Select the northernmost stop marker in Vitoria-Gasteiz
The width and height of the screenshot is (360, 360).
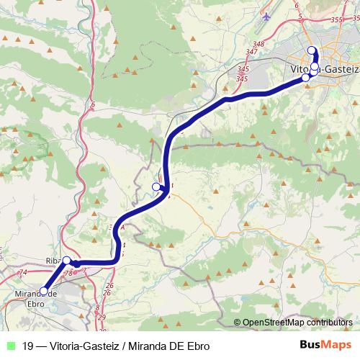point(312,50)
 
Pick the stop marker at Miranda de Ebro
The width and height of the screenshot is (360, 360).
point(44,291)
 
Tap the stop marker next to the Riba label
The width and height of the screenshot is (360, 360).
point(66,261)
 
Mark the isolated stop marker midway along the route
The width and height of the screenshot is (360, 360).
point(156,187)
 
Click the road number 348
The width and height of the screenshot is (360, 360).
point(259,45)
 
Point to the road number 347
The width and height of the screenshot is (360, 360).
point(251,52)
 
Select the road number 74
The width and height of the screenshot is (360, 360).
point(22,272)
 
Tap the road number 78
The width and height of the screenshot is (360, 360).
point(68,274)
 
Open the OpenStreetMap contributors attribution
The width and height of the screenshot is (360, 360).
point(297,323)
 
